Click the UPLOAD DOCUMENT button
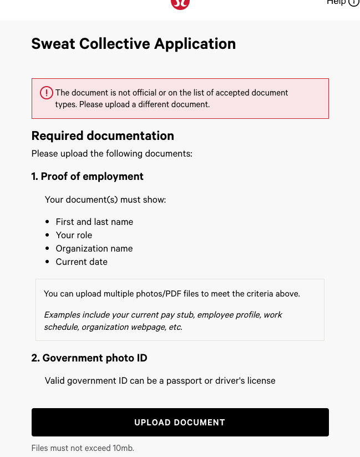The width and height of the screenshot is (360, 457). (x=180, y=422)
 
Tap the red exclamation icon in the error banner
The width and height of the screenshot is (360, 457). (x=47, y=93)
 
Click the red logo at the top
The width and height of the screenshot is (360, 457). (x=180, y=3)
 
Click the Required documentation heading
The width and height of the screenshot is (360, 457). (x=103, y=136)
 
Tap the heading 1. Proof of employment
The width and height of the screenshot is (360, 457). (x=87, y=177)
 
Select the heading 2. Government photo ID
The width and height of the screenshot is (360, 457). (x=89, y=358)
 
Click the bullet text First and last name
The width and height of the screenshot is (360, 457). (x=94, y=222)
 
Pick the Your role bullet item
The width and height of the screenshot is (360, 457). (x=74, y=235)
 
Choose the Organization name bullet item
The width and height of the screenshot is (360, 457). (x=94, y=248)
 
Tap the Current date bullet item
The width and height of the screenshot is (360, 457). (x=82, y=262)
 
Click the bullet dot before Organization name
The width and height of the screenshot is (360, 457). (x=47, y=248)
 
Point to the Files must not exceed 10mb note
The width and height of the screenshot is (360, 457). (x=83, y=448)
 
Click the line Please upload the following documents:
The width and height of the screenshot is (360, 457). (x=111, y=153)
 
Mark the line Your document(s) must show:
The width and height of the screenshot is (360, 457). (x=105, y=199)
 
